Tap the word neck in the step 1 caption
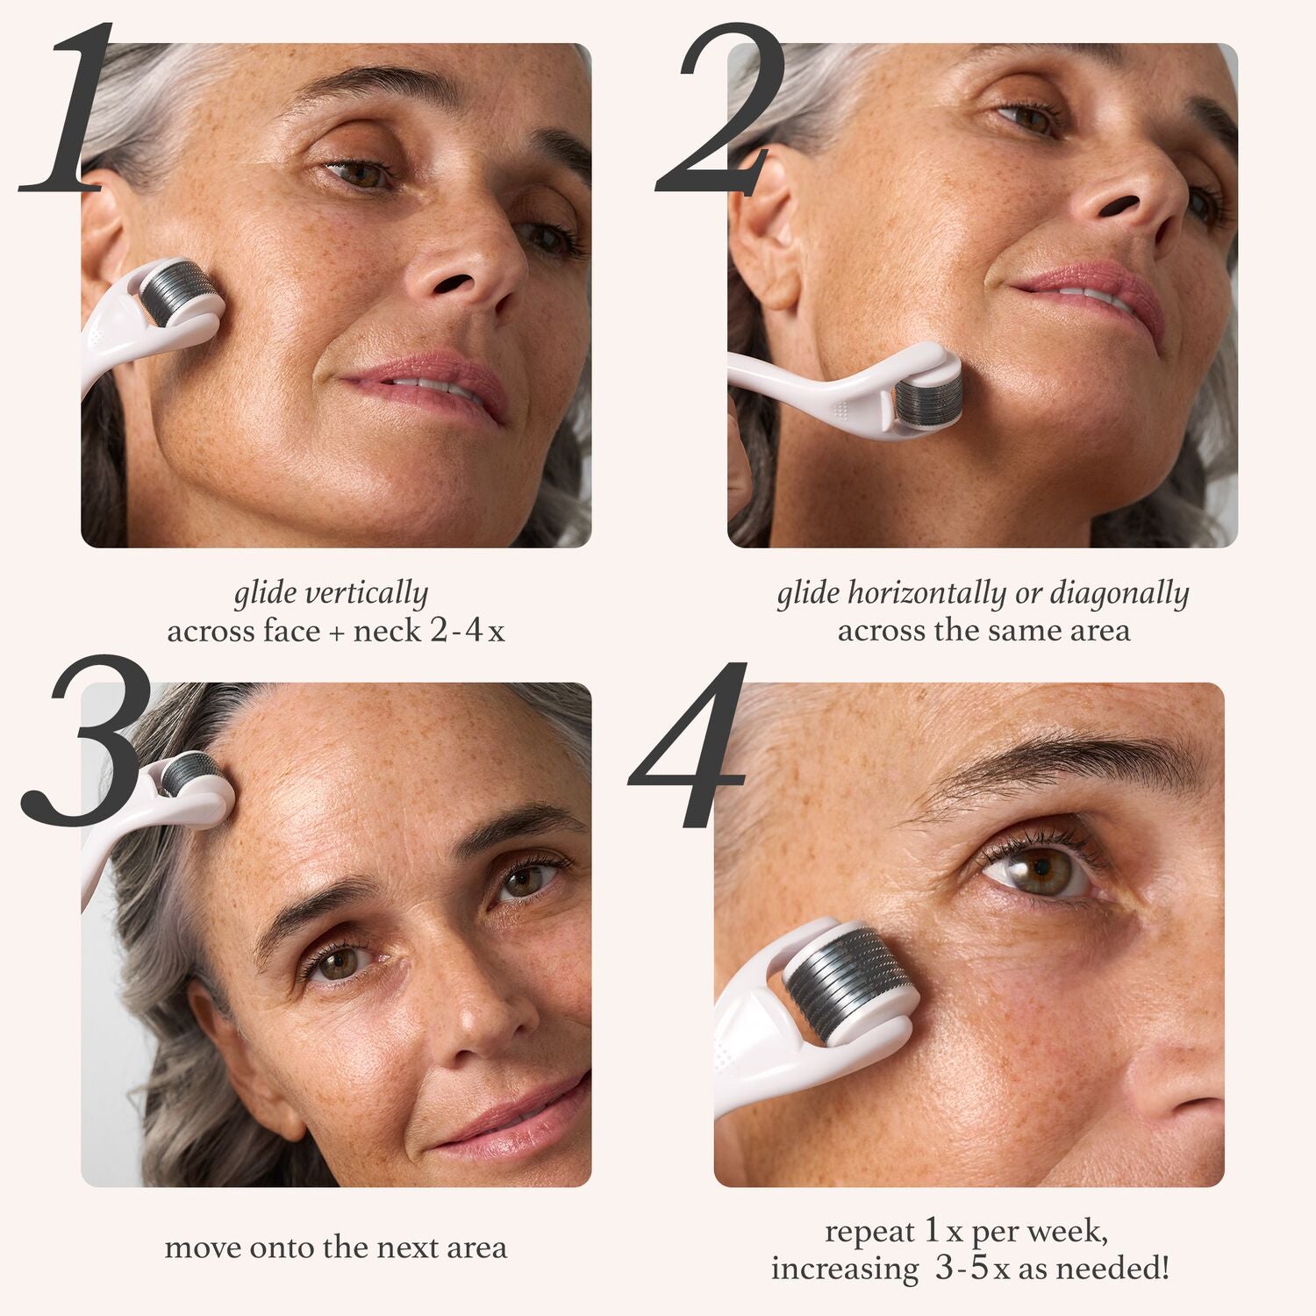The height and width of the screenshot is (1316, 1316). pyautogui.click(x=387, y=631)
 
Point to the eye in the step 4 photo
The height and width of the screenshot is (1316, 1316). pyautogui.click(x=1035, y=874)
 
